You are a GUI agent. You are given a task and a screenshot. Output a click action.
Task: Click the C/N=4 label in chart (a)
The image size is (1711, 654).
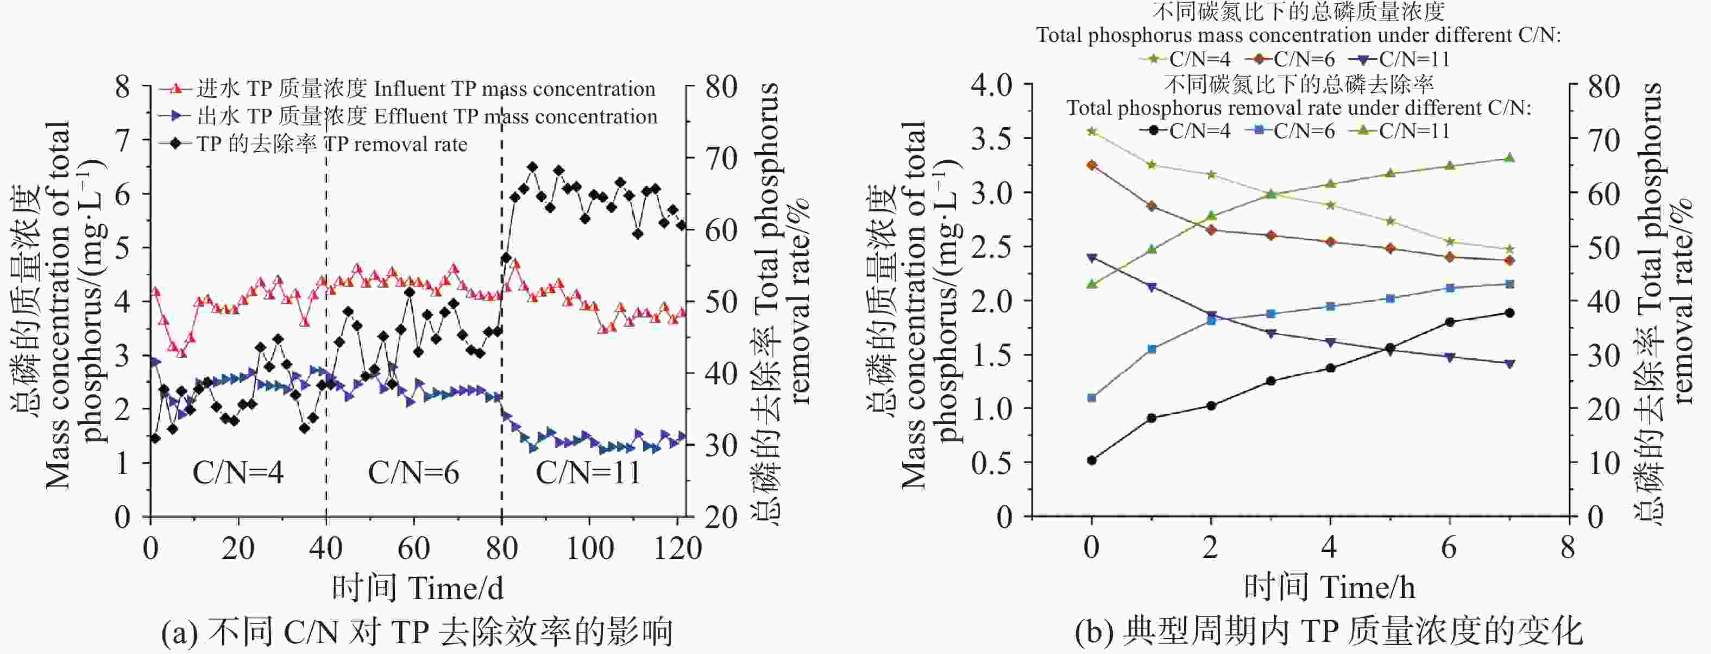238,473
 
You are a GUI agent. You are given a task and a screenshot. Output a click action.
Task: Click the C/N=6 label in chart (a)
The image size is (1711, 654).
413,473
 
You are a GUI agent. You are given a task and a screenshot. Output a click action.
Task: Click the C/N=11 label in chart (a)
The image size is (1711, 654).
588,473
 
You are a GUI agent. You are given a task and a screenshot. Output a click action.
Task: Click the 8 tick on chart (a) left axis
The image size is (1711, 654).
123,86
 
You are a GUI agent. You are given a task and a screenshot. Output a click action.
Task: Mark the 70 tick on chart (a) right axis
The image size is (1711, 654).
721,159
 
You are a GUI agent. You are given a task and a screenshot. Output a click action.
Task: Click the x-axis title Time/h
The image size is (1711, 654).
1329,588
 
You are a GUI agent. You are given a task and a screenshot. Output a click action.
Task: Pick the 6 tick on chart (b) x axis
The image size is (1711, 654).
1449,549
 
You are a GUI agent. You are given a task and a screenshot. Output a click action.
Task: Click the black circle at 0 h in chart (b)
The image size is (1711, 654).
1091,460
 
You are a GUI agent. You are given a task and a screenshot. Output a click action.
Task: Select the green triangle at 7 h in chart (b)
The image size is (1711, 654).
1509,158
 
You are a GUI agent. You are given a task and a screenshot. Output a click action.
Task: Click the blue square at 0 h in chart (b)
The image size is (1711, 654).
1091,398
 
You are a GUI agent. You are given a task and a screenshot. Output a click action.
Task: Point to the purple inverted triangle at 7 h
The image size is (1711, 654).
1509,364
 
